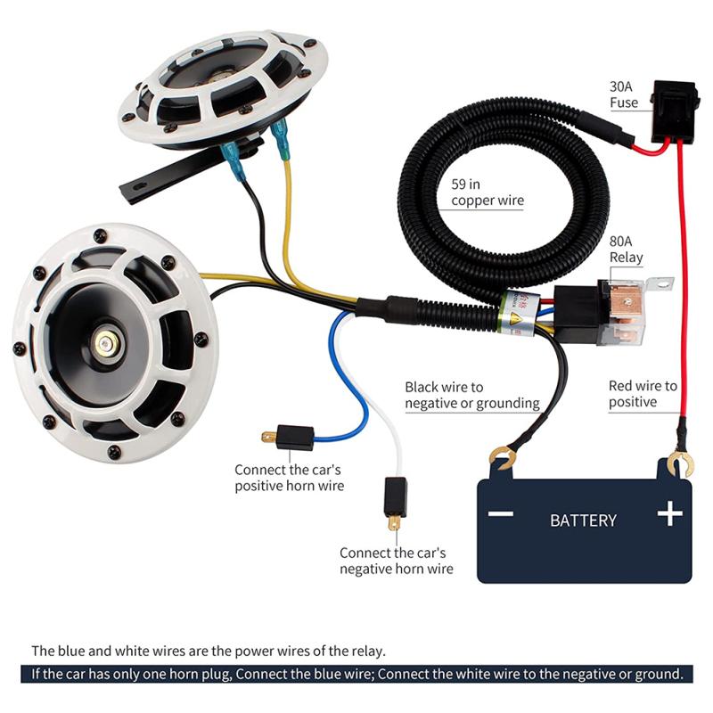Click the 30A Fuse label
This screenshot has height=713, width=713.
(624, 94)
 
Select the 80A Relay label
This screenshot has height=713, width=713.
(626, 249)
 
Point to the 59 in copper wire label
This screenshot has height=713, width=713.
(487, 193)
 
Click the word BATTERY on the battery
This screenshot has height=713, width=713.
(583, 520)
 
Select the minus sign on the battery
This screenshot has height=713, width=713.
(501, 514)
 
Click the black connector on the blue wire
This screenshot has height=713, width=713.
(293, 438)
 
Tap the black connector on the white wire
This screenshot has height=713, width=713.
(395, 497)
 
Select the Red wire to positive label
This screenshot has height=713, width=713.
(643, 394)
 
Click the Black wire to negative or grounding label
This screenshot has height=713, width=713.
(471, 395)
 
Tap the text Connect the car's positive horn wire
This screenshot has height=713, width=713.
(289, 477)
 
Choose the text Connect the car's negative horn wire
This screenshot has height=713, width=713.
(396, 561)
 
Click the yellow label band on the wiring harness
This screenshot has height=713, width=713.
(517, 312)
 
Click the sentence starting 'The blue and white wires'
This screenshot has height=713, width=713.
(209, 650)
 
